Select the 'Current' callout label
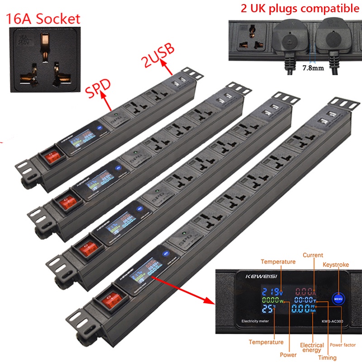click(x=313, y=255)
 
